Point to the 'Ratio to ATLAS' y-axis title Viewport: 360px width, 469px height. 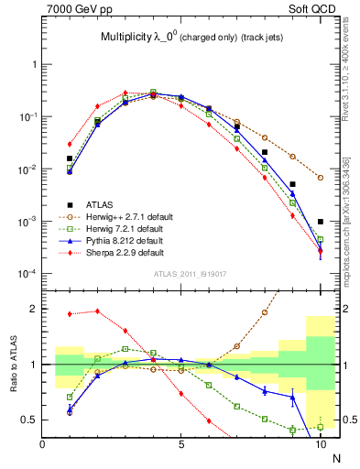pyautogui.click(x=12, y=365)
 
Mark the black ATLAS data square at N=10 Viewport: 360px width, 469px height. pyautogui.click(x=321, y=222)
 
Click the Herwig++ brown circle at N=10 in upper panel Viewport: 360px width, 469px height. pyautogui.click(x=321, y=178)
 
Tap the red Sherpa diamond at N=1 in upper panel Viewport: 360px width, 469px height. pyautogui.click(x=70, y=144)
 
